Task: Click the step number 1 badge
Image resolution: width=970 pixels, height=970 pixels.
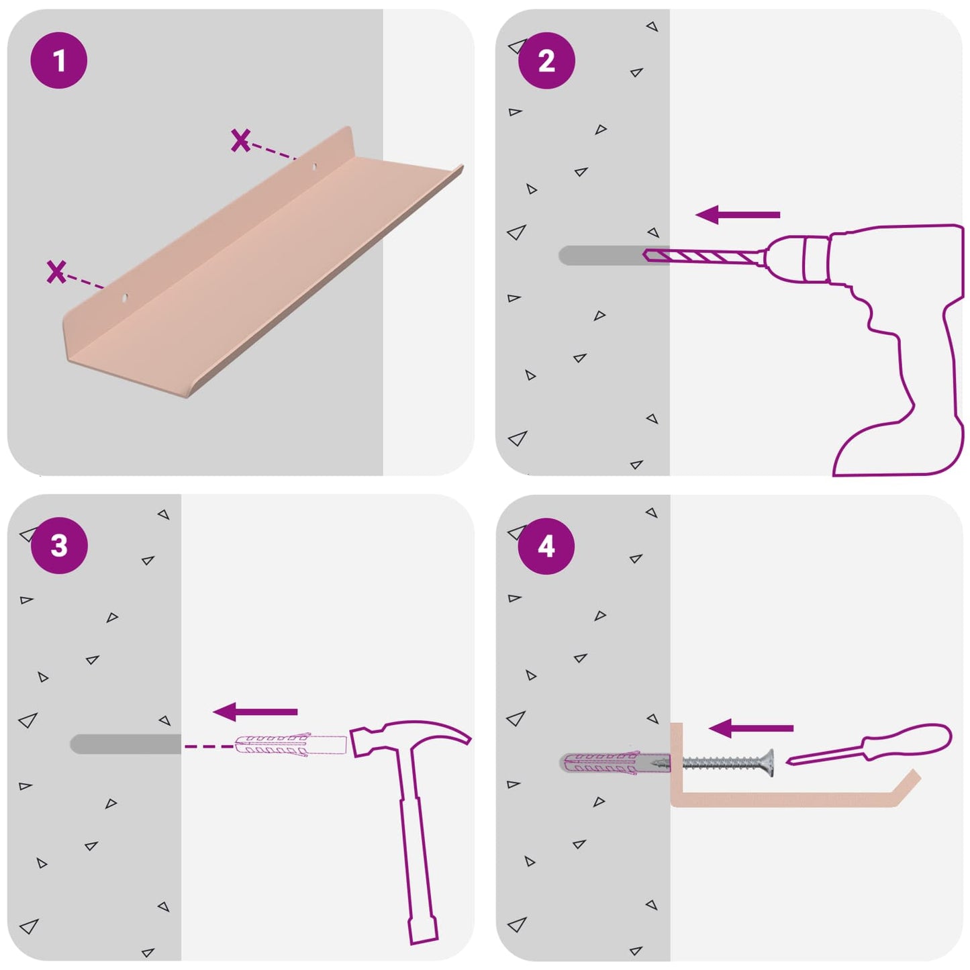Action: point(59,60)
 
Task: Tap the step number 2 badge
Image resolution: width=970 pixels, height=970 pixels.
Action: point(546,60)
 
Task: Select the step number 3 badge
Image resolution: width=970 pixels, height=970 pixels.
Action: point(59,545)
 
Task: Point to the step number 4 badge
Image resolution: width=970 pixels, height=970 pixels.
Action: point(546,546)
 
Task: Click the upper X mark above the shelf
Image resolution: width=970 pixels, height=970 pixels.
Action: point(240,140)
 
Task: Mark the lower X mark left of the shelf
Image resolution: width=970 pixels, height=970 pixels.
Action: point(56,272)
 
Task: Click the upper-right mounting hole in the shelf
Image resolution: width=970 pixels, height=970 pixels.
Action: point(315,166)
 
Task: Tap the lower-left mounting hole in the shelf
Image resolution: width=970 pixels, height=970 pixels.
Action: point(124,298)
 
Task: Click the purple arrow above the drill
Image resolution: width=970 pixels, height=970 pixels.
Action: point(738,215)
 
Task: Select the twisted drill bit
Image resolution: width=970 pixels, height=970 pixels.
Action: point(701,256)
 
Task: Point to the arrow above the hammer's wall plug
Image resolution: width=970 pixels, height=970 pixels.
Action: point(255,712)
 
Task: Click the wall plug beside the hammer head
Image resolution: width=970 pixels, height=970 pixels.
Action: point(291,744)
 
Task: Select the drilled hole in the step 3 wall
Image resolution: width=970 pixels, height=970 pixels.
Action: point(126,744)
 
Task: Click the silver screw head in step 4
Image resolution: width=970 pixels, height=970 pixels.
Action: point(769,763)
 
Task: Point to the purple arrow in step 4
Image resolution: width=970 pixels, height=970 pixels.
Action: point(751,728)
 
